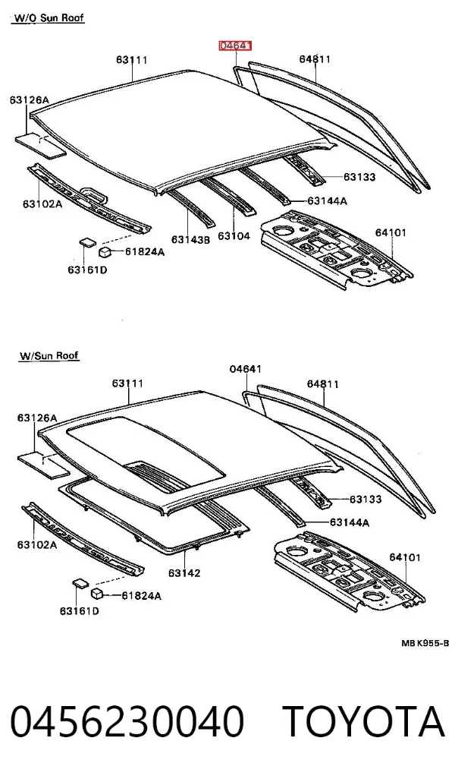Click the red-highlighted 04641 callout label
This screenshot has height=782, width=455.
click(236, 46)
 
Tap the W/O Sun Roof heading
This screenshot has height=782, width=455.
click(49, 18)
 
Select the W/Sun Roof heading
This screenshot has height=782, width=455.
click(49, 355)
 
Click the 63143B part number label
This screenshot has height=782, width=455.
click(191, 239)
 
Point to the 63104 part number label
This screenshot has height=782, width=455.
click(234, 235)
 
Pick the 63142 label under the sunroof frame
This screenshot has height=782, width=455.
click(184, 572)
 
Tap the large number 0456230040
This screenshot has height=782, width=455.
click(127, 722)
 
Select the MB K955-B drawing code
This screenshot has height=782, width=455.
click(425, 643)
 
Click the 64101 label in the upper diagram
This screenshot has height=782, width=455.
click(391, 232)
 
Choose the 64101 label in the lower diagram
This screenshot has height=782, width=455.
click(405, 557)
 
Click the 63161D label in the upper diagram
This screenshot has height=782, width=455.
click(88, 270)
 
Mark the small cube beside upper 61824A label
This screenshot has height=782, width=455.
click(106, 251)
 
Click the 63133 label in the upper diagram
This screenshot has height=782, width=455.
click(359, 177)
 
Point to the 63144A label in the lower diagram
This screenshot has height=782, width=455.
click(350, 522)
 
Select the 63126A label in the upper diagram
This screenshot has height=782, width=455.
click(30, 99)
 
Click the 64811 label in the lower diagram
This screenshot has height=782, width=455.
click(323, 383)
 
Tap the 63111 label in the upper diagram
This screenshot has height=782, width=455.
click(132, 60)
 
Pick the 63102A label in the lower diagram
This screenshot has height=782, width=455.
click(37, 544)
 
